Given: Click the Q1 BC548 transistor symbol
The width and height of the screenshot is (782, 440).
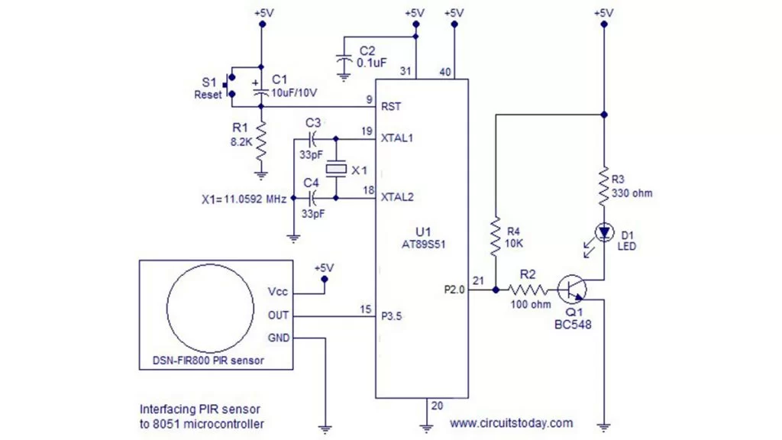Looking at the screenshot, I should coord(573,290).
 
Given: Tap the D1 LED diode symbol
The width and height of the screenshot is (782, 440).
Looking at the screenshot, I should coord(604,231).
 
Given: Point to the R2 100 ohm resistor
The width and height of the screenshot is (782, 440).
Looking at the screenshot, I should coord(528,290).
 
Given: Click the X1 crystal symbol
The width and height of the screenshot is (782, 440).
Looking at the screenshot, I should coord(336,169).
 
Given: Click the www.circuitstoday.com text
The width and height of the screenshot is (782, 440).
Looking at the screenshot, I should coord(510,422).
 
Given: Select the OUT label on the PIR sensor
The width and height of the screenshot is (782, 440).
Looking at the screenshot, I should coord(279,315).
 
